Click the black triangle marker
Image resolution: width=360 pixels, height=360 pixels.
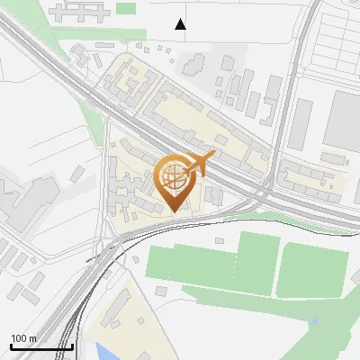click(x=181, y=24)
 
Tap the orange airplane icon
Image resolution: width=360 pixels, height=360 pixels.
click(x=200, y=164)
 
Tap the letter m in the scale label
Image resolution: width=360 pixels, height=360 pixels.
click(x=32, y=338)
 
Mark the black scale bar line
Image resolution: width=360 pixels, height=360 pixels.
click(x=41, y=346)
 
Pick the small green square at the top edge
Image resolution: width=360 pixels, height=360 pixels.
click(x=126, y=8)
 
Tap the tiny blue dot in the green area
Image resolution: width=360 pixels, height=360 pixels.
click(x=313, y=320)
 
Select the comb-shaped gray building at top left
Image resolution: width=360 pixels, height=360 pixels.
click(x=80, y=12)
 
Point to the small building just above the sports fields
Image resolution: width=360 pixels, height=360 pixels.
click(x=220, y=240)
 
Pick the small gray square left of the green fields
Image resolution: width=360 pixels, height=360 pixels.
click(x=160, y=291)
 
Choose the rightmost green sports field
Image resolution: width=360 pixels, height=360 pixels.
click(x=312, y=270)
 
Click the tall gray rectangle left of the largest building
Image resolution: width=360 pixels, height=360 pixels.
click(x=301, y=123)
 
